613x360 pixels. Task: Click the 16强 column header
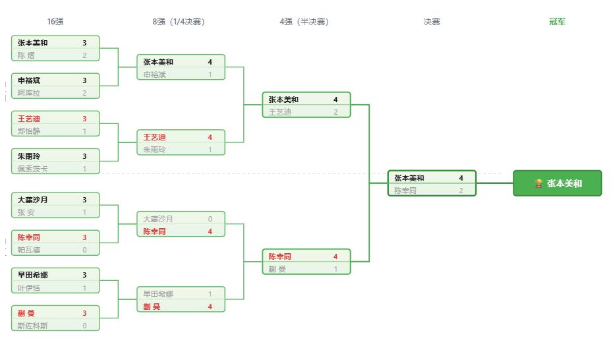pyautogui.click(x=55, y=22)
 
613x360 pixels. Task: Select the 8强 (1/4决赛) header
pyautogui.click(x=179, y=22)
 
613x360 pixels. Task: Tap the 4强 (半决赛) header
pyautogui.click(x=304, y=22)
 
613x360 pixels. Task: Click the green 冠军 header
pyautogui.click(x=557, y=22)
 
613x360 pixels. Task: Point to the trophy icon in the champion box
pyautogui.click(x=539, y=183)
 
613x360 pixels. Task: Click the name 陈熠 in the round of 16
pyautogui.click(x=26, y=55)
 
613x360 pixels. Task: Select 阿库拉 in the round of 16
pyautogui.click(x=29, y=93)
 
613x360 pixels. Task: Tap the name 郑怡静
pyautogui.click(x=29, y=131)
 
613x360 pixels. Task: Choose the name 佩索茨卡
pyautogui.click(x=32, y=169)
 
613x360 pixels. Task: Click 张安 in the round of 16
pyautogui.click(x=26, y=212)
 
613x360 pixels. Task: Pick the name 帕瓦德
pyautogui.click(x=29, y=250)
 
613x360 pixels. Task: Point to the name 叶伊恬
pyautogui.click(x=29, y=288)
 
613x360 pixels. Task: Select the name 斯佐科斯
pyautogui.click(x=32, y=326)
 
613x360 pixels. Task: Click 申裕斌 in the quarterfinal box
pyautogui.click(x=154, y=75)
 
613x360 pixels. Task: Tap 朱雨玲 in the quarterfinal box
pyautogui.click(x=154, y=150)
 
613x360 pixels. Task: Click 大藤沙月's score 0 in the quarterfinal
pyautogui.click(x=210, y=219)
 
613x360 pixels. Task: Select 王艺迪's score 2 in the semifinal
pyautogui.click(x=336, y=112)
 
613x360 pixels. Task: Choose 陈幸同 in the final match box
pyautogui.click(x=405, y=191)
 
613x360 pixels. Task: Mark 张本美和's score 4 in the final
pyautogui.click(x=461, y=178)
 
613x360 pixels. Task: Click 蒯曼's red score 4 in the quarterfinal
pyautogui.click(x=210, y=307)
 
